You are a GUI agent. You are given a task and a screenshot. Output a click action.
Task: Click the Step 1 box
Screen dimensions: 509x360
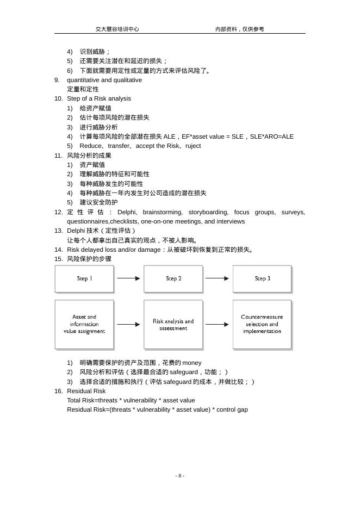coord(84,279)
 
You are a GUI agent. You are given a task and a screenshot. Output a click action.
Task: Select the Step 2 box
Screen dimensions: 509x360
coord(173,279)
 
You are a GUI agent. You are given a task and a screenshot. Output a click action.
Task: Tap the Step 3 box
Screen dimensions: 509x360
coord(262,279)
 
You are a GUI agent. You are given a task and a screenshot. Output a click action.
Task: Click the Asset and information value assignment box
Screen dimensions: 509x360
coord(84,324)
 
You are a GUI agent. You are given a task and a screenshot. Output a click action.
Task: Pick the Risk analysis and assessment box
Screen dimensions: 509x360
coord(173,324)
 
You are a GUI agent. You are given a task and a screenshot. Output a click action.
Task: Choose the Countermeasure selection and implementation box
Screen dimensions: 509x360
coord(262,324)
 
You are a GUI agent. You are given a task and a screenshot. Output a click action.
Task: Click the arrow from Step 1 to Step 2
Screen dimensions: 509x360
coord(129,278)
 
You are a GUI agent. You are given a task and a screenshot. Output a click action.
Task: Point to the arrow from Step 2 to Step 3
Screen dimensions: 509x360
coord(218,278)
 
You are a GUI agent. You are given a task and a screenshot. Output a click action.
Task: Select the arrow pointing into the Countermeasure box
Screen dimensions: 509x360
coord(218,325)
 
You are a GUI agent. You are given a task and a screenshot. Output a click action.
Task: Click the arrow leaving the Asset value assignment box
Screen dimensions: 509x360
coord(129,325)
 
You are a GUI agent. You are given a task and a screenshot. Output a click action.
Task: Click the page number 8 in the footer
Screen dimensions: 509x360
coord(180,476)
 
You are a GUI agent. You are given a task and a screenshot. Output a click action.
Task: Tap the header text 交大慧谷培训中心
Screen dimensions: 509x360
coord(117,29)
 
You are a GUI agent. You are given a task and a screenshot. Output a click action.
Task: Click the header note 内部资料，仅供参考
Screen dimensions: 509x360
coord(239,29)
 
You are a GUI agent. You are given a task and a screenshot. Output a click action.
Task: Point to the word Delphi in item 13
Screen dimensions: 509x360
coord(76,231)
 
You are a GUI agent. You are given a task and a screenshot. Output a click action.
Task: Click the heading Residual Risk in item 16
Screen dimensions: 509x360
coord(86,391)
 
